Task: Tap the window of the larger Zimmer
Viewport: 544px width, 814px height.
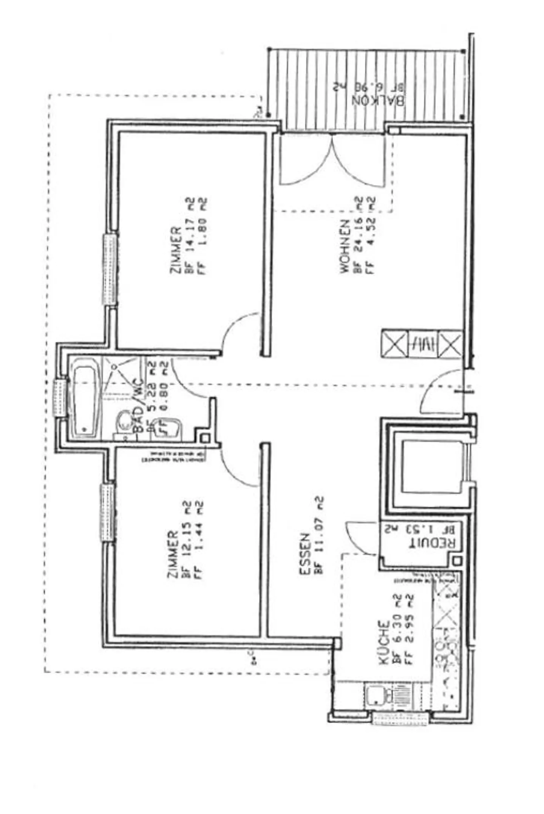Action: point(110,270)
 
